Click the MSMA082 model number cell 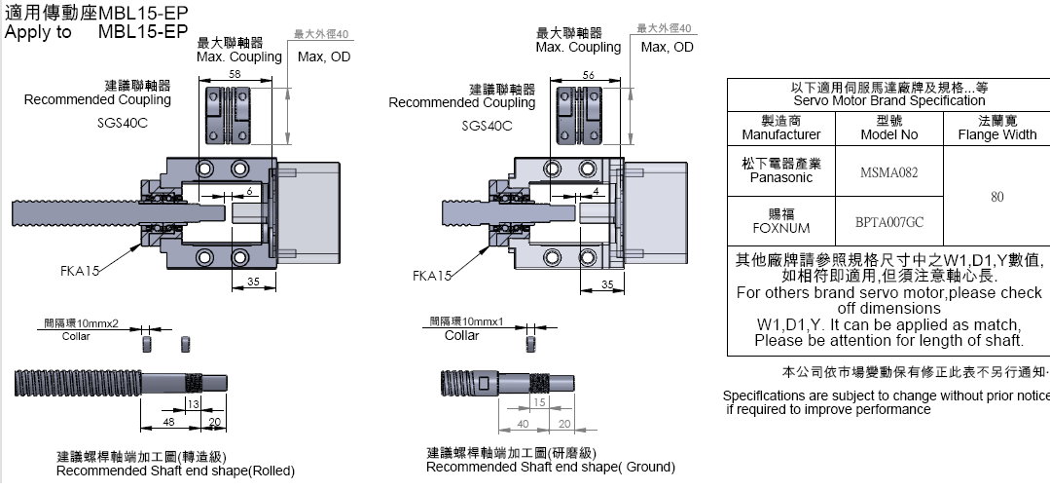[888, 172]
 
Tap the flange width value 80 [996, 197]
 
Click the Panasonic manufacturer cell [774, 171]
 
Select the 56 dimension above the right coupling [588, 75]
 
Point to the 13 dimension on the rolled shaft [194, 403]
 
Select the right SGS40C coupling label [489, 126]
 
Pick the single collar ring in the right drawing [531, 345]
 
